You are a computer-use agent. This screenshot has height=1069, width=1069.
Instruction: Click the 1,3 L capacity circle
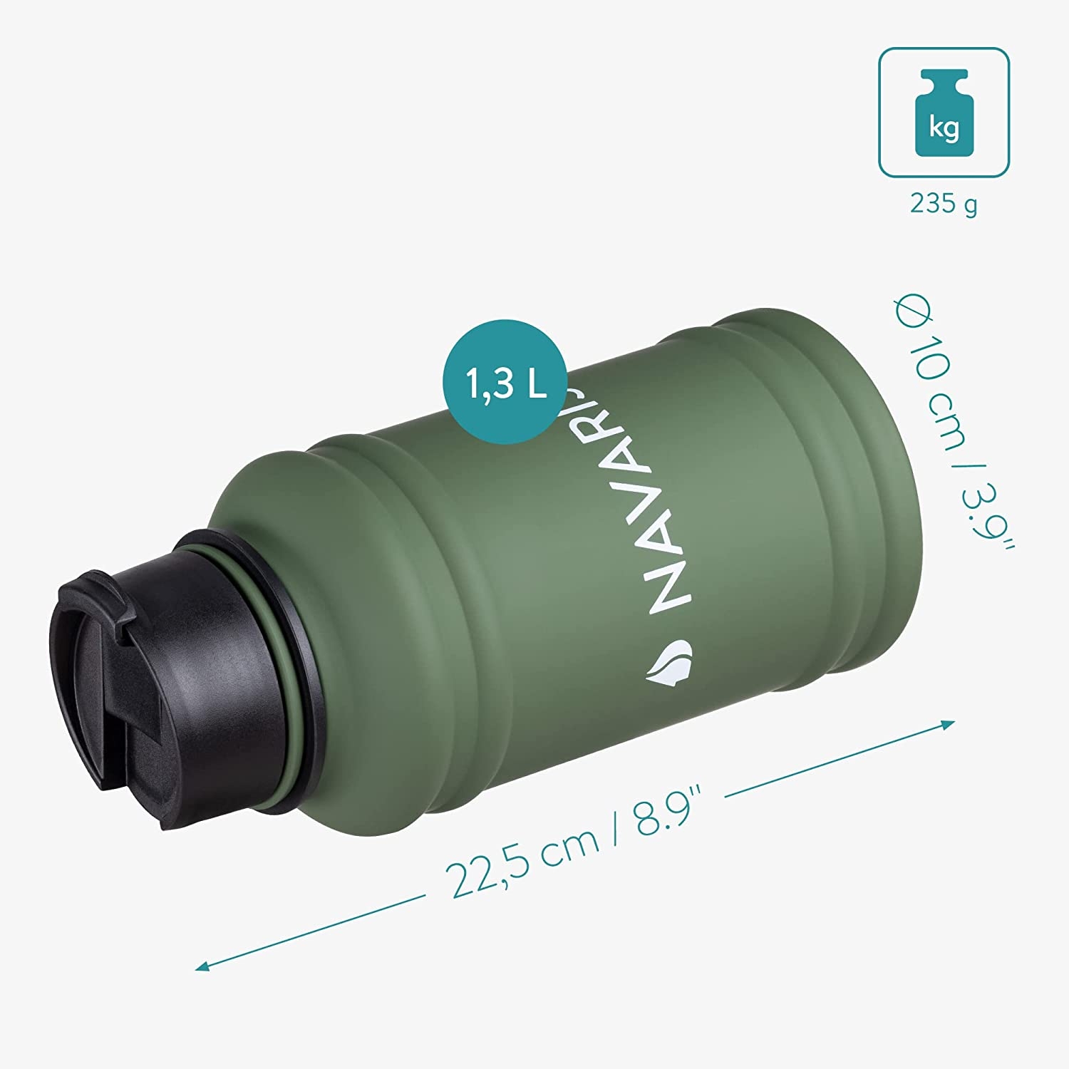(506, 382)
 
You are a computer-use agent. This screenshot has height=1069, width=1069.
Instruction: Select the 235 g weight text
(944, 204)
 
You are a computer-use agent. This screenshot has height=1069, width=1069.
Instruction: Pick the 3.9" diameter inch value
(988, 513)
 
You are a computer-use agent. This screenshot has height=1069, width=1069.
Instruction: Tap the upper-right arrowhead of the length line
(948, 725)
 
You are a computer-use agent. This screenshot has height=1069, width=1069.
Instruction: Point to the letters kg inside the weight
(944, 128)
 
